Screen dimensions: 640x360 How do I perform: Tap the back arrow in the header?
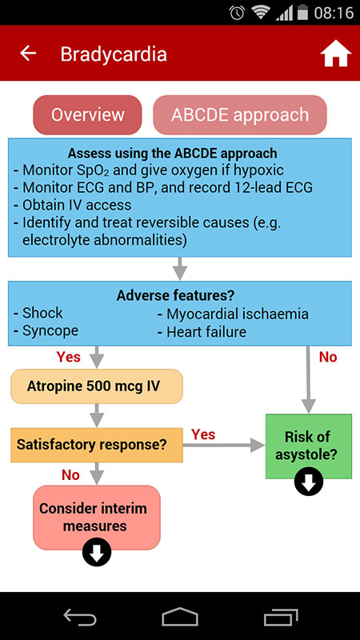point(28,54)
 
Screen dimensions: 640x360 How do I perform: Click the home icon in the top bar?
point(335,54)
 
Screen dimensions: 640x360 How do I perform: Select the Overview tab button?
point(87,114)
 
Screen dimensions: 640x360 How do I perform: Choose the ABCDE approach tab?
point(240,114)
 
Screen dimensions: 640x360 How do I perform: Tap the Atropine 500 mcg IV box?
point(97,386)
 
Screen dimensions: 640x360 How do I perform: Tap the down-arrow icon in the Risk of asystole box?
point(309,482)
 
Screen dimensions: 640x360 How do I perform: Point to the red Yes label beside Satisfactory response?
point(203,434)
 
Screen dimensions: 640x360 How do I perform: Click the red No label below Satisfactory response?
point(70,475)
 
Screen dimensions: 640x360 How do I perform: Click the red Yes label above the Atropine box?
point(69,356)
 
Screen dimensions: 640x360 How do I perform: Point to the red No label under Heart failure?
point(328,357)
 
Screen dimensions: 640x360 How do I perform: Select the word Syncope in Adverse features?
point(50,330)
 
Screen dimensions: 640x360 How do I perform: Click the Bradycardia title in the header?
point(114,54)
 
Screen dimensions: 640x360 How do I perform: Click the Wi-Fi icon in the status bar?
point(260,13)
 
